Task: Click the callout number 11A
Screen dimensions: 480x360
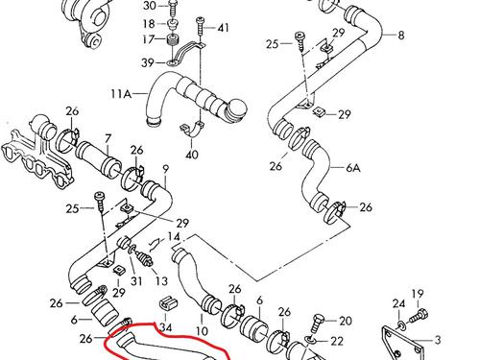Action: [x=121, y=94]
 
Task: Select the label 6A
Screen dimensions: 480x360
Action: [x=353, y=167]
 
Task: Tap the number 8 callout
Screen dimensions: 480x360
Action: [x=401, y=35]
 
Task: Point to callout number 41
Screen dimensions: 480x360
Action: [x=223, y=28]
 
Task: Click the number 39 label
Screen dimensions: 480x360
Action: [x=148, y=62]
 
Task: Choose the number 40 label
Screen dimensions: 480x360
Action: [x=192, y=155]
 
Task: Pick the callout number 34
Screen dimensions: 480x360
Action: [x=166, y=327]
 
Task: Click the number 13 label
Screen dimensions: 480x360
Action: [x=161, y=281]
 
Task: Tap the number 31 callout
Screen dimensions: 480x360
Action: [x=136, y=281]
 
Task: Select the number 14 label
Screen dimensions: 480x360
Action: [x=174, y=237]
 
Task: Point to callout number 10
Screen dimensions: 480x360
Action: [x=202, y=330]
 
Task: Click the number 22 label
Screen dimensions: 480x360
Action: [x=337, y=341]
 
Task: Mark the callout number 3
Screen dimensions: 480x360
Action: [x=438, y=340]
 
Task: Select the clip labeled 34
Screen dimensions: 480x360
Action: [x=168, y=304]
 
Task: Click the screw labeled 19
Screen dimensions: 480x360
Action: [x=417, y=315]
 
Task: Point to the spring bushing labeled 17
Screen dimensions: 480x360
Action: [x=173, y=41]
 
